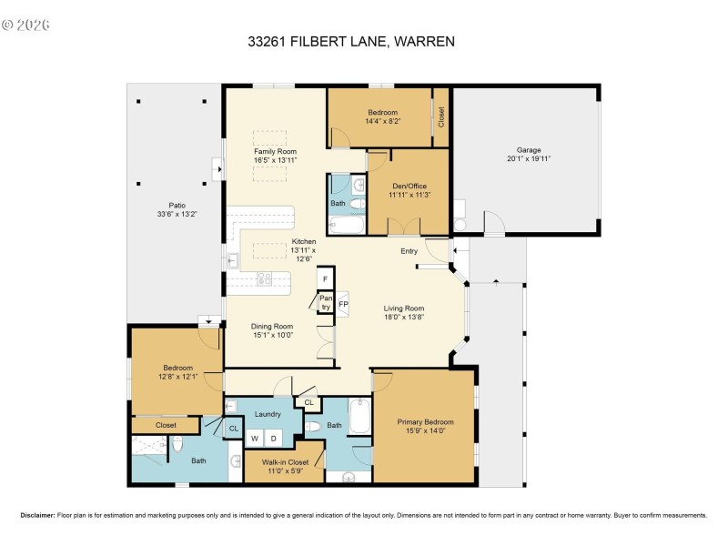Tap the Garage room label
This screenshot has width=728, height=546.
point(529,149)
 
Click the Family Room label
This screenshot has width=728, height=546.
point(275,151)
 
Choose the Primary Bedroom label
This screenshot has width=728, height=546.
point(425,422)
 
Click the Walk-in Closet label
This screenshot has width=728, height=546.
point(285,462)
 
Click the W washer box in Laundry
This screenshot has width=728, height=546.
point(257,439)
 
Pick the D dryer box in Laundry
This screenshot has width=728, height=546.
point(275,439)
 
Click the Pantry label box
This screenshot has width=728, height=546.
point(325,303)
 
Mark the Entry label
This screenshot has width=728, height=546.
point(409,250)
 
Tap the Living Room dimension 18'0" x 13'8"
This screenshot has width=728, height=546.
point(403,318)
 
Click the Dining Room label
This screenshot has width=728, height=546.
point(271,326)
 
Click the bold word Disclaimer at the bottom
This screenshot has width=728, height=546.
point(37,515)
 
